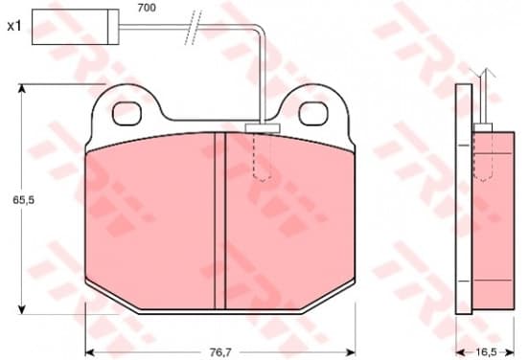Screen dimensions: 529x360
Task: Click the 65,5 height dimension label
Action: point(24,200)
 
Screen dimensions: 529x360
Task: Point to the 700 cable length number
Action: point(147,8)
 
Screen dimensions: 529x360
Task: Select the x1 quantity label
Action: point(14,26)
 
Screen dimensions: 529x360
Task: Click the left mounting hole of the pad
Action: point(126,114)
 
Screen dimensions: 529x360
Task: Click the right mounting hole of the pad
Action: point(313,114)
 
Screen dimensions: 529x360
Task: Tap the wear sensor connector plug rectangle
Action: point(76,27)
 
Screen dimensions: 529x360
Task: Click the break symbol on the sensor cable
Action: point(193,28)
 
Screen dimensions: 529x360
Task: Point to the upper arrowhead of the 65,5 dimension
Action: point(22,88)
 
